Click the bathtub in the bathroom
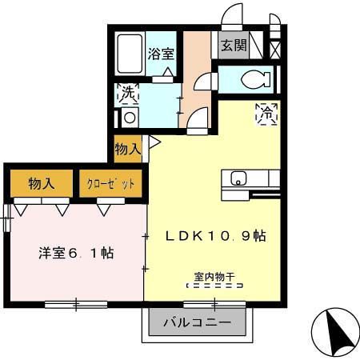coord(126,54)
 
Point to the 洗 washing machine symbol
coord(128,93)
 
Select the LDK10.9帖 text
coord(215,237)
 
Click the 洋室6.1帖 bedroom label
coord(76,254)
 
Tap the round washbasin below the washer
coord(129,117)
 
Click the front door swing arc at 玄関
coord(231,17)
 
